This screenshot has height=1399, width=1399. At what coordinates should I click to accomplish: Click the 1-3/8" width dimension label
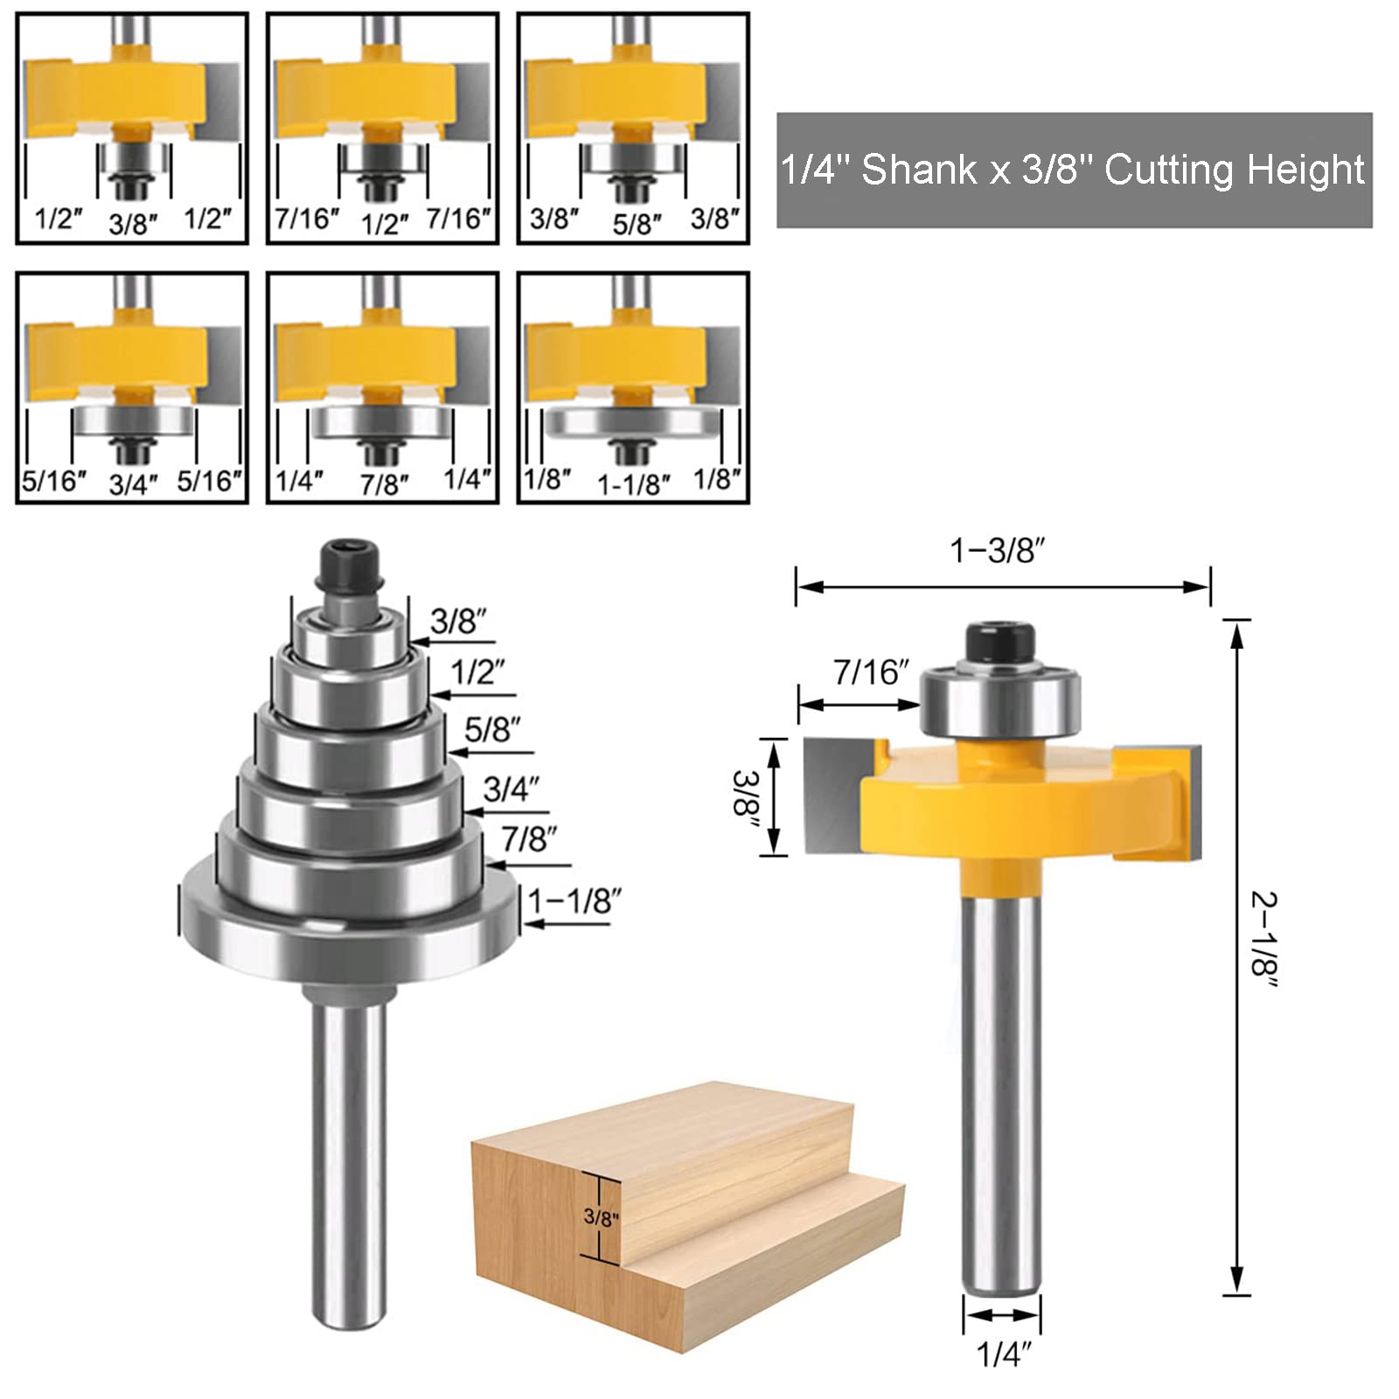[x=998, y=551]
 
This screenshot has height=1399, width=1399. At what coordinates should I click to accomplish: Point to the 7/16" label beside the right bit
[x=871, y=672]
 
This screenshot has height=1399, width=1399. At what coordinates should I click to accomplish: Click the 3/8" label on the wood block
[x=601, y=1216]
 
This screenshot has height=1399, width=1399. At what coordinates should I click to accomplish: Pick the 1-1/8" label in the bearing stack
[x=574, y=900]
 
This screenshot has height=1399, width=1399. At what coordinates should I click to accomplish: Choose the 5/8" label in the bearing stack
[x=492, y=729]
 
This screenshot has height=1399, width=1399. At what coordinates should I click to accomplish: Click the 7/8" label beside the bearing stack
[x=529, y=839]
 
